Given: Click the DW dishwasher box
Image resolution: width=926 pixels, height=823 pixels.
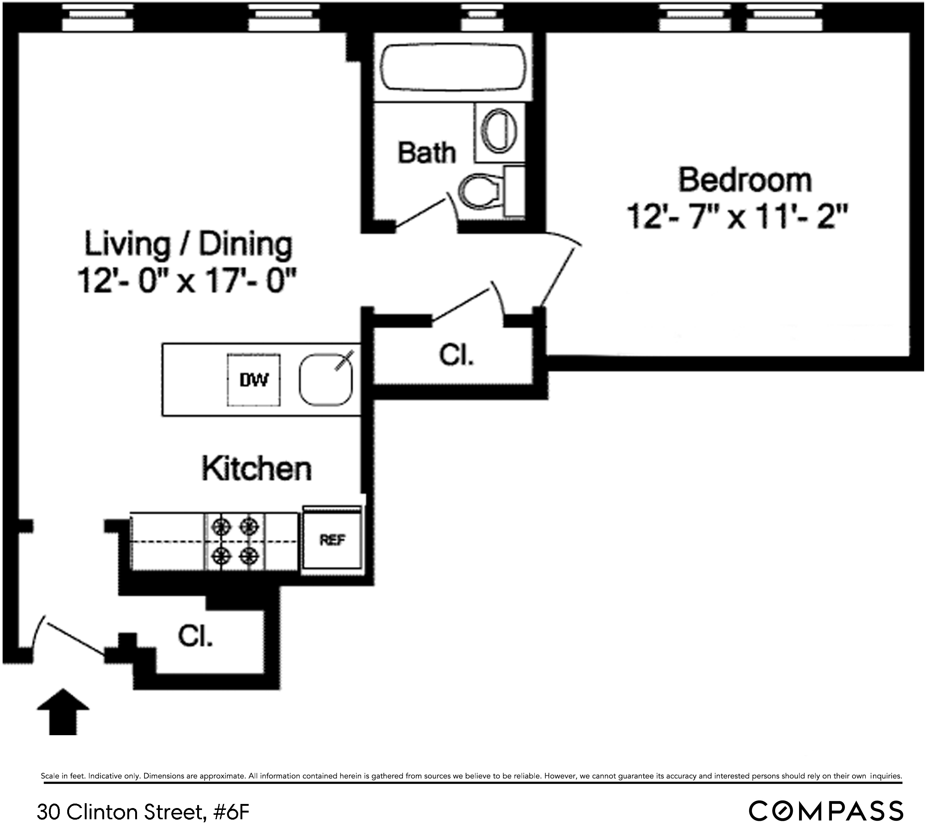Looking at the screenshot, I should (254, 380).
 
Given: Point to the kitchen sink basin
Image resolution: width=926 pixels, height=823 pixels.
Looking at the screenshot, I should (325, 380).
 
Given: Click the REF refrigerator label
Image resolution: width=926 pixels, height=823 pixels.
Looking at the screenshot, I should (333, 540).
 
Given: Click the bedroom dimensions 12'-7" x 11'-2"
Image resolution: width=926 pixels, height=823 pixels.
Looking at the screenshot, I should (737, 217).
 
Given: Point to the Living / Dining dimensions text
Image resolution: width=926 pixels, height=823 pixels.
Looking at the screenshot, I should (187, 281).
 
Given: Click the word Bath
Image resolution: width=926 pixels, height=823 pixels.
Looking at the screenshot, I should (426, 153).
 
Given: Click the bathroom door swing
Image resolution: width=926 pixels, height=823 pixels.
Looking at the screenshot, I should (423, 211).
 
